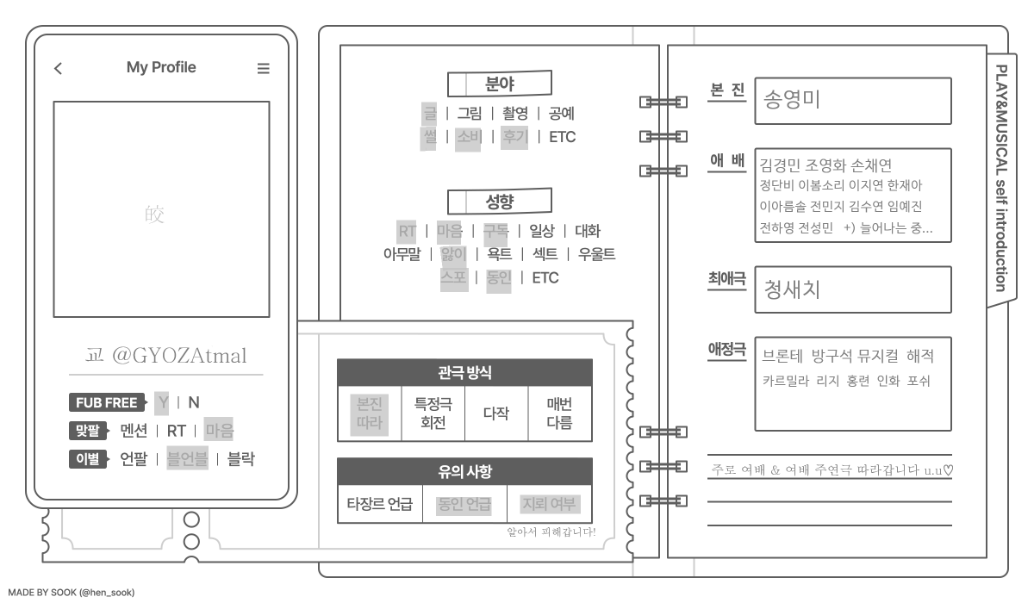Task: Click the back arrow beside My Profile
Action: [58, 69]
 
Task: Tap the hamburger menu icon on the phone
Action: [264, 69]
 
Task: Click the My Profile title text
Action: [161, 67]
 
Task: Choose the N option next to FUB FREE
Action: [194, 402]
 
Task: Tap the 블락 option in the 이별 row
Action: [240, 459]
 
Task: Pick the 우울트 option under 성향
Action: [596, 253]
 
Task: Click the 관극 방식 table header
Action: [464, 372]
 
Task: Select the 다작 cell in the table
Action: [495, 413]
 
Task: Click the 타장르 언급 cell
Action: [379, 504]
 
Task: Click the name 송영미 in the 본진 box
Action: [792, 100]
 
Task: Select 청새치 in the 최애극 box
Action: [792, 289]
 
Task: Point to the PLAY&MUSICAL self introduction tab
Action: [1001, 177]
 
